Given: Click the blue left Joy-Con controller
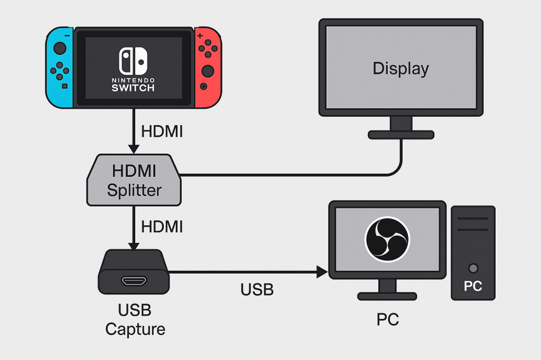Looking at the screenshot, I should tap(60, 67).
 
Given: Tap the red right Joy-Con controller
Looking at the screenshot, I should tap(207, 67).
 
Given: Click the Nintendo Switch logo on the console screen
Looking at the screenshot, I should tap(133, 61).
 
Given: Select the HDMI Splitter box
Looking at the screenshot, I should tap(134, 181).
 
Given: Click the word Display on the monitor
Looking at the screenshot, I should tap(400, 69).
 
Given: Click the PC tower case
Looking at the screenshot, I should tap(473, 253).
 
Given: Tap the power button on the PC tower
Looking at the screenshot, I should tap(473, 268).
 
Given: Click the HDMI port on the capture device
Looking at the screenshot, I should tap(134, 281).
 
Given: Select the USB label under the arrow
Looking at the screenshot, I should tap(257, 289).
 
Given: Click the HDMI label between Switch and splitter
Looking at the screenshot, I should tap(162, 132).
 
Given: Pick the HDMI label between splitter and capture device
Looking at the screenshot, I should tap(162, 227).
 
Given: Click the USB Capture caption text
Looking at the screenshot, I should tap(135, 319).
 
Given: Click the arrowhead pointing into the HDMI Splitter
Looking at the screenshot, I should tap(134, 149).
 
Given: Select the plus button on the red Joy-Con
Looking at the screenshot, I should tap(200, 36).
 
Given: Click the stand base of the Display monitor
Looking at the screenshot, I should tap(400, 135).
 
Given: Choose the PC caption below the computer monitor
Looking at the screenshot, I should tap(387, 319).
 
